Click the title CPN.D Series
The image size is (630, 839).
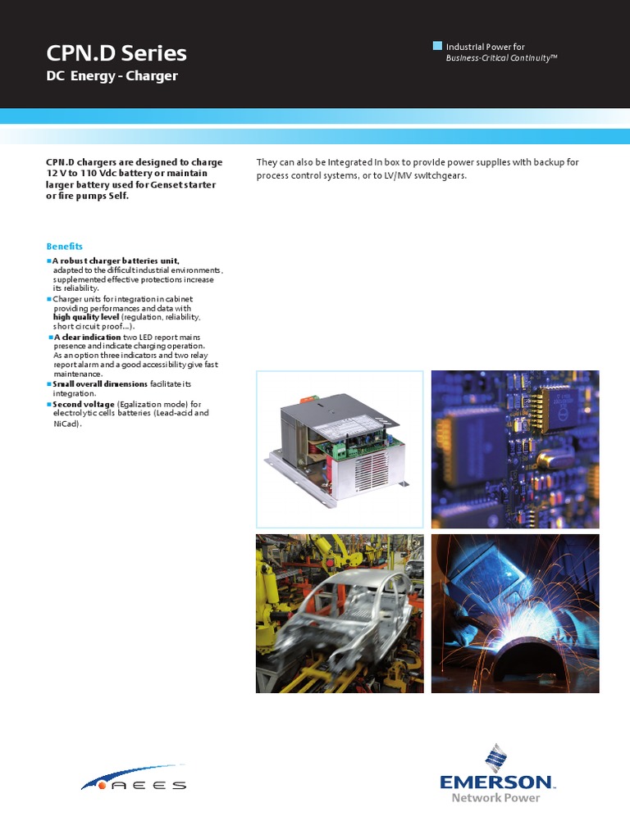116,54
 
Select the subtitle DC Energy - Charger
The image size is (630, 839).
112,76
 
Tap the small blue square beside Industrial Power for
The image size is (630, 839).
437,46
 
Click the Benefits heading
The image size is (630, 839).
64,247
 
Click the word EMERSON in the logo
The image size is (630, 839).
495,782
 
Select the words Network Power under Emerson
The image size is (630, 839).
495,798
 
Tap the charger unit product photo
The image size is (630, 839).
340,449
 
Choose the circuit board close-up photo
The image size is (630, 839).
515,449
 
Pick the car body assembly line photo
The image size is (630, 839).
340,614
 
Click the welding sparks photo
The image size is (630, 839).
515,614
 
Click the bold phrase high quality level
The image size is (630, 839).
86,316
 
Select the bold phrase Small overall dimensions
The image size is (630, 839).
100,383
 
